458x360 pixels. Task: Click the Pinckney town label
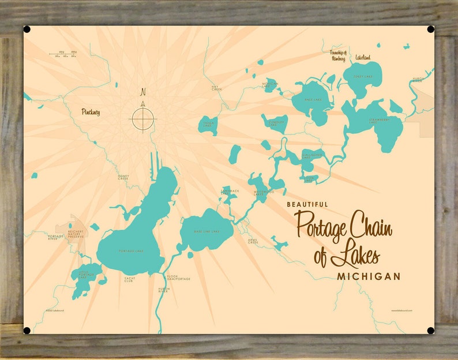tap(91, 112)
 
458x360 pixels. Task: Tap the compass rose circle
tap(143, 118)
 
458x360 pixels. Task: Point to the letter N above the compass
tap(143, 91)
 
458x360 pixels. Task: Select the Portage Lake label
tap(129, 250)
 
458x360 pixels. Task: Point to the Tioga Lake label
tap(208, 123)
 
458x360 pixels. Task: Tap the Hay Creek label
tap(216, 88)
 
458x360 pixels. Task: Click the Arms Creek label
tap(253, 241)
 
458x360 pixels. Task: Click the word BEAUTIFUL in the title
tap(307, 204)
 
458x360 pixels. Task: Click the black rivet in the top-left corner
tap(27, 29)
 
